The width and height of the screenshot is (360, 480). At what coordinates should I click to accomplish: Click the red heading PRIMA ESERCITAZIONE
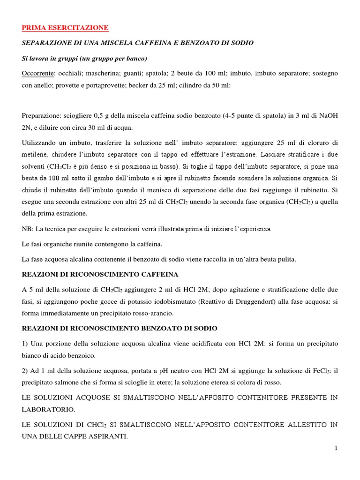coord(65,28)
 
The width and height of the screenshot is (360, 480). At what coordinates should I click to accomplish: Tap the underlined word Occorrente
coord(37,74)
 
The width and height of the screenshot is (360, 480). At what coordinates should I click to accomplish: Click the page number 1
coord(336,449)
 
